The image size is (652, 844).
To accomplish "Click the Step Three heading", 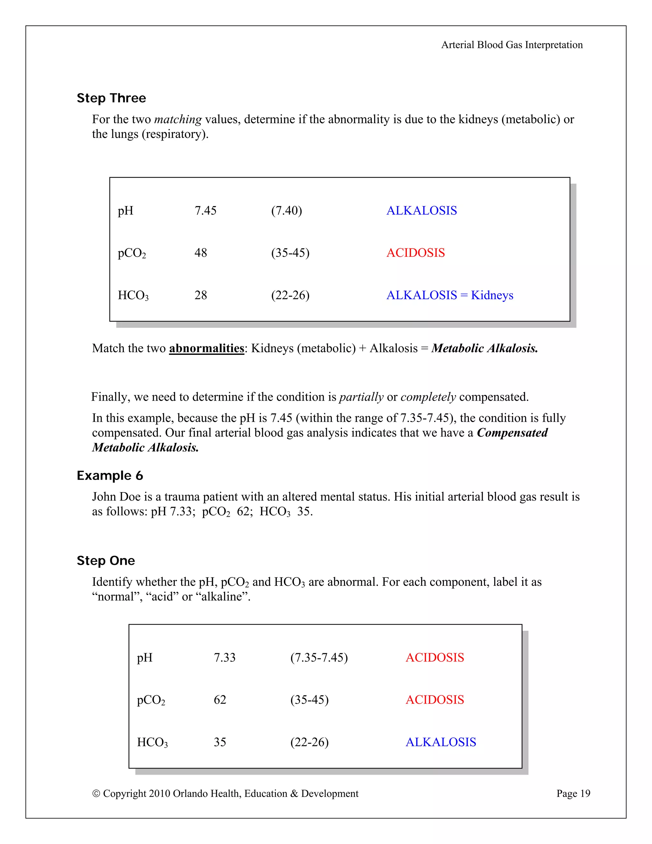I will [111, 98].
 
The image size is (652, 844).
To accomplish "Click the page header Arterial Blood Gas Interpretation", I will [512, 45].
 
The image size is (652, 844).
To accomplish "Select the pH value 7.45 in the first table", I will [205, 211].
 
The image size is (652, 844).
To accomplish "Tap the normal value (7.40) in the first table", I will [286, 211].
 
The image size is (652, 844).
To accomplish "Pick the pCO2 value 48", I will [201, 253].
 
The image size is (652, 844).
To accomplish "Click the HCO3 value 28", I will [201, 295].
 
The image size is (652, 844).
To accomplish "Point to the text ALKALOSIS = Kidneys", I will [450, 295].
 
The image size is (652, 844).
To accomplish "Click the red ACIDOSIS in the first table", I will [415, 253].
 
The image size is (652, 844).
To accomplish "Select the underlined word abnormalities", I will [207, 348].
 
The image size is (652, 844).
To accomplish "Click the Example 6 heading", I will [110, 475].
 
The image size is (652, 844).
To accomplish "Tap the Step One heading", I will [106, 560].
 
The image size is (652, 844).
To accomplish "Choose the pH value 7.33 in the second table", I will [224, 657].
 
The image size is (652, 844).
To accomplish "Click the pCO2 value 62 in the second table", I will [220, 699].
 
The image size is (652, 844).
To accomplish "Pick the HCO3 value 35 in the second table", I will [220, 742].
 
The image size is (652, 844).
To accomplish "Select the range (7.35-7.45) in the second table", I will [319, 657].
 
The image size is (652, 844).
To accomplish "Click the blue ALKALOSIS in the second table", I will [441, 742].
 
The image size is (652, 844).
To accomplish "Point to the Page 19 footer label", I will [573, 793].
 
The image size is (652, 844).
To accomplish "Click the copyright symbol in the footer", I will [96, 794].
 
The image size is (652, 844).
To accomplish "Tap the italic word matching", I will [178, 119].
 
